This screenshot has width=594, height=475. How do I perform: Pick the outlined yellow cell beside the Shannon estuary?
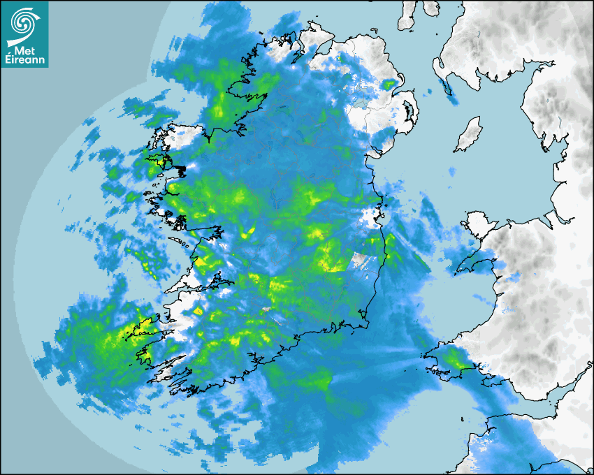198,310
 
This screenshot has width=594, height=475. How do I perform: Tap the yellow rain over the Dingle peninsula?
140,328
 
